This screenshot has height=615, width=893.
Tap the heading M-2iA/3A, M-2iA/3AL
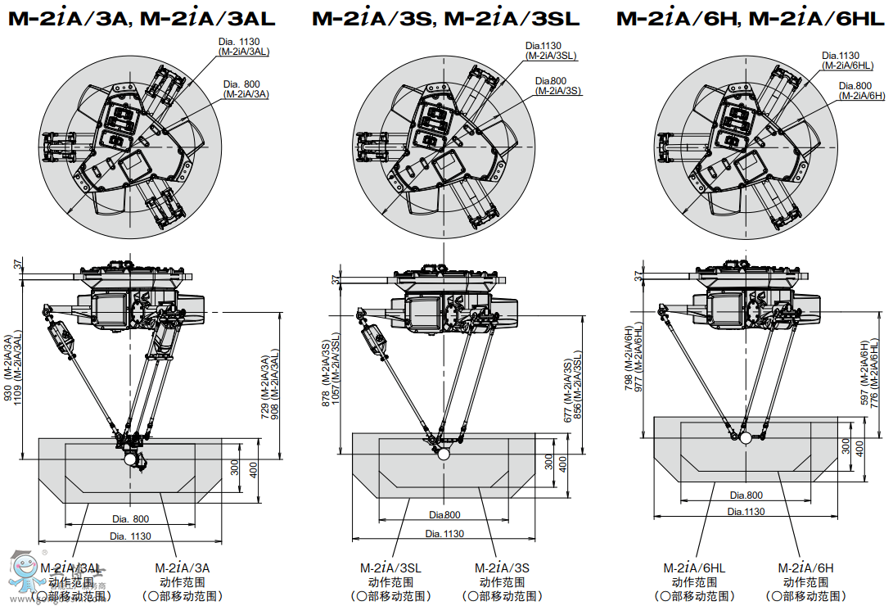pyautogui.click(x=142, y=18)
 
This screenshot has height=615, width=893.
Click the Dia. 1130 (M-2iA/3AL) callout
pyautogui.click(x=244, y=46)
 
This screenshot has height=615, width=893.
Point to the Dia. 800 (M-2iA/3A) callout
pyautogui.click(x=246, y=88)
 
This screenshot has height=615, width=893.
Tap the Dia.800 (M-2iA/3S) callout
pyautogui.click(x=557, y=85)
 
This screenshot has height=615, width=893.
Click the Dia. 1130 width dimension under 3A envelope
pyautogui.click(x=130, y=536)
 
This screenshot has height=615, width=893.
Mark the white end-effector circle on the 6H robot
pyautogui.click(x=745, y=437)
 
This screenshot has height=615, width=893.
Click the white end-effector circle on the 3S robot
pyautogui.click(x=443, y=452)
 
